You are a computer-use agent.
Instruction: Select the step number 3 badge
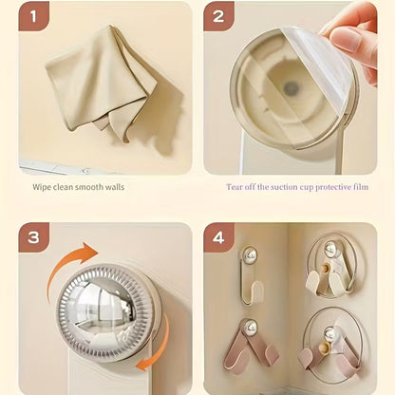[x=36, y=238]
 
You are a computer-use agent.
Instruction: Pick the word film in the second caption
[x=354, y=187]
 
